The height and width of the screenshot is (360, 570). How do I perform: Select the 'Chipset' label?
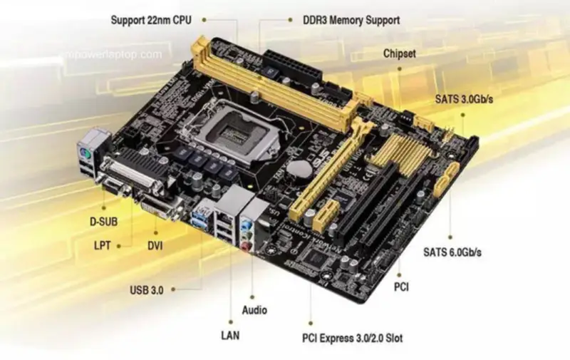[x=400, y=53]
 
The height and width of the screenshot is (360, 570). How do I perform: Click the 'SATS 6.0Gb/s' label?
[x=452, y=252]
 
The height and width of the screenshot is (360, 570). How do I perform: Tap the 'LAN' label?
[x=229, y=334]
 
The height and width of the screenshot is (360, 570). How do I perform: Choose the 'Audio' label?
[x=254, y=310]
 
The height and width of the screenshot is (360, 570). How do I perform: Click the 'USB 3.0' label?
[x=147, y=290]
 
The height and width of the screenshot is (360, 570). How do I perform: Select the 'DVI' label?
[x=155, y=245]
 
